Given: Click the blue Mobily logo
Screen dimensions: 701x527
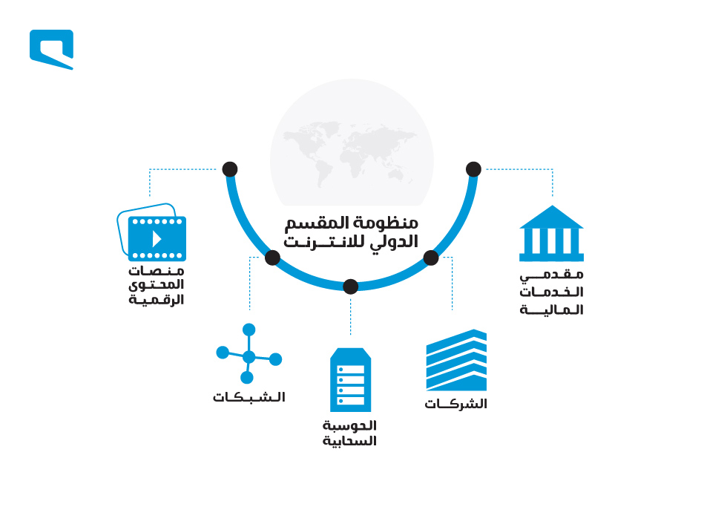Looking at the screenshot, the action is coord(51,49).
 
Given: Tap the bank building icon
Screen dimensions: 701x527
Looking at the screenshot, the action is coord(551,233).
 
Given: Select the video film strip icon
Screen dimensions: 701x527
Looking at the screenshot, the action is coord(152,232).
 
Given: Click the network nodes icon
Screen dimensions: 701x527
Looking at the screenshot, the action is coord(249,353).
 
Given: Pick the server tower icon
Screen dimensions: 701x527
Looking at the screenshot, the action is coord(350,379).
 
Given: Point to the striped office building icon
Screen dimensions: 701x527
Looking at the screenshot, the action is coord(456,360).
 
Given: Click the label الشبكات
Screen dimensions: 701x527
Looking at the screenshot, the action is coord(249,397).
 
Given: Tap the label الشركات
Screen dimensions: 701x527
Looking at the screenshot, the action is coord(455,404).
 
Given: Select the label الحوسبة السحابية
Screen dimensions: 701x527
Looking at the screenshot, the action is coord(349,433).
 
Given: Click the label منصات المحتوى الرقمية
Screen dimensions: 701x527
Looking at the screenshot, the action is coord(157,285).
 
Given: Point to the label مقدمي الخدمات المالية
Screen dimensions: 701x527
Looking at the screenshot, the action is coord(551,292).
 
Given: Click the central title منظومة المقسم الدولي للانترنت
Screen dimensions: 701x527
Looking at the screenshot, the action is coord(351,232).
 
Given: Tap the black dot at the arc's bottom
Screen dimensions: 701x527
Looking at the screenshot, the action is coord(350,287).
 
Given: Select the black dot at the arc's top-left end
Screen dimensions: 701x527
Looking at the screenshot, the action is coord(230,169).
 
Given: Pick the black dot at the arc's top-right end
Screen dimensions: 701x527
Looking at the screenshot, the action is coord(473,169).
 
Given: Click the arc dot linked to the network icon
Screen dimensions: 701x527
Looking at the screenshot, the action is coord(272,258).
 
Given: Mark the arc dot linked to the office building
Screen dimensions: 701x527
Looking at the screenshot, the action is coord(431,258).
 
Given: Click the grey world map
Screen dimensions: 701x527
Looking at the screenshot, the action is coord(351,152).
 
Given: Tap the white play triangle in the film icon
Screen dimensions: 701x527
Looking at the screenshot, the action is coord(156,239).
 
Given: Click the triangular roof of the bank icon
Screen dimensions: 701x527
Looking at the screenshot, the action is coord(552,218).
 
